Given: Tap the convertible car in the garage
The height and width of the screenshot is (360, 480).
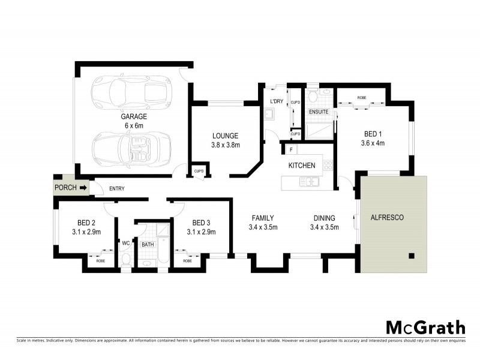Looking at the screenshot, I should [132, 148].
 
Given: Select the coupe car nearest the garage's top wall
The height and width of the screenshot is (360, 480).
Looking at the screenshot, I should [130, 92].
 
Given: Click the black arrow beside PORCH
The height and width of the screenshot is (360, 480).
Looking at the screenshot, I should [83, 188].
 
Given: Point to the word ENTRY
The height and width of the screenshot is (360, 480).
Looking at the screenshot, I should [116, 189].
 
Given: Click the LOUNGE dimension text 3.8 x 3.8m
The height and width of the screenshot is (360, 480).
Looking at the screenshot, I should [225, 145].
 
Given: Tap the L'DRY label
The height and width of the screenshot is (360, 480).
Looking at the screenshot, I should [276, 101].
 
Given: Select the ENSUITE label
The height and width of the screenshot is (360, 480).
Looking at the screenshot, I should [318, 112].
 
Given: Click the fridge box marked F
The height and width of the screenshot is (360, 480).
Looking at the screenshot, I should [291, 149].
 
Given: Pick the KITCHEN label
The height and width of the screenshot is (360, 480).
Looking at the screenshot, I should [302, 165].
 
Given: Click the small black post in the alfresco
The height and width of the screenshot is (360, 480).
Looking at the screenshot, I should [412, 256].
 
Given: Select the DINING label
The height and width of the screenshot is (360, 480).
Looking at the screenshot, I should [324, 218].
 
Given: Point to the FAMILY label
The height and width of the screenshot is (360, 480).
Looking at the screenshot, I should [263, 218].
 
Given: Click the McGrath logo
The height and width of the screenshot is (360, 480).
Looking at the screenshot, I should [425, 328].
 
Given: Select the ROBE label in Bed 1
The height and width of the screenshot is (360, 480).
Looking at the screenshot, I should [362, 97].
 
